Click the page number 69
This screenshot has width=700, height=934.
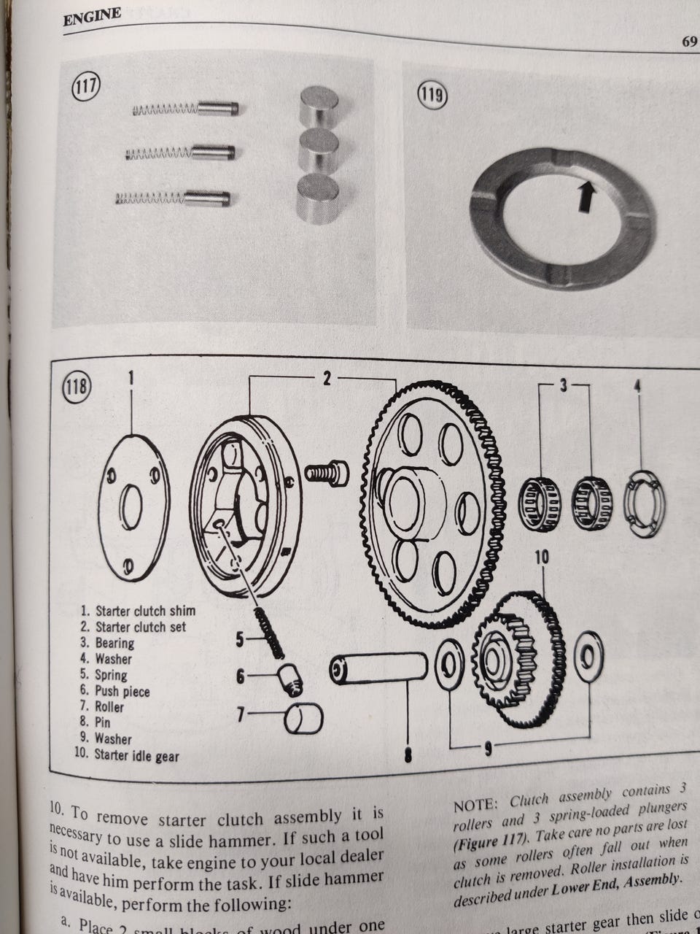coord(689,42)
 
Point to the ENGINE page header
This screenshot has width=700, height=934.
coord(92,16)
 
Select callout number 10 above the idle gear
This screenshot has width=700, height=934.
coord(542,558)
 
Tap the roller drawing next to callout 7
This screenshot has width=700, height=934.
coord(302,719)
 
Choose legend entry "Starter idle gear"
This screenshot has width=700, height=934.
coord(127,754)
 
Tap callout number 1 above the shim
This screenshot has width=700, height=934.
coord(132,377)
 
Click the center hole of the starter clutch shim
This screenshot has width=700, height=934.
coord(132,507)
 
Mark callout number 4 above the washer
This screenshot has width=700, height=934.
coord(638,385)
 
